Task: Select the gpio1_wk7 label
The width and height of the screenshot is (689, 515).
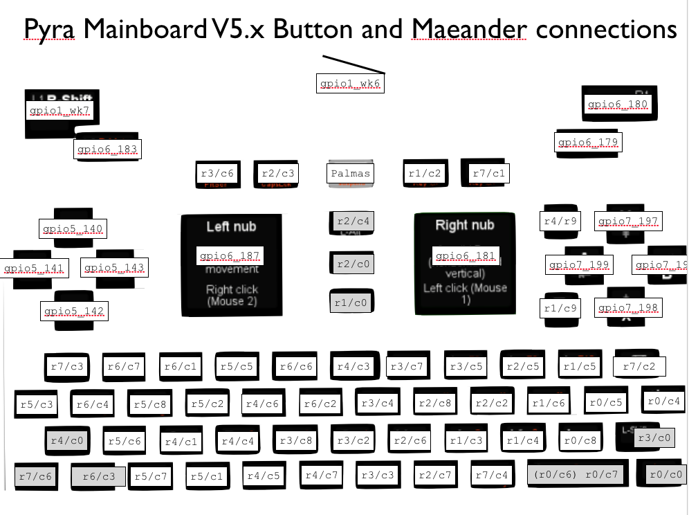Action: [x=59, y=110]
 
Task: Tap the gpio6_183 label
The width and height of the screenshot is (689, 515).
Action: [x=107, y=149]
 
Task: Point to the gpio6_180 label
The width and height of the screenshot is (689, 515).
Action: [x=618, y=105]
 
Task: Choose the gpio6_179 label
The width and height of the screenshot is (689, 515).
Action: [x=588, y=143]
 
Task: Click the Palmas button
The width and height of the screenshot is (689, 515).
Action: [x=351, y=173]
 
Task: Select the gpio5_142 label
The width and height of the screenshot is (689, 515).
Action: [x=73, y=311]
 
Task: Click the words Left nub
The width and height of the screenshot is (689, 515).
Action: [x=231, y=226]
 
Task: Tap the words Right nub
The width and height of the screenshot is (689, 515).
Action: [x=464, y=225]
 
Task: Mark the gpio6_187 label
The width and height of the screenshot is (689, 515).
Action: [x=229, y=256]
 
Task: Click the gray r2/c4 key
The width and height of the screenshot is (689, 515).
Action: [x=353, y=222]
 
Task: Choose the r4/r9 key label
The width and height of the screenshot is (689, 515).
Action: [x=560, y=222]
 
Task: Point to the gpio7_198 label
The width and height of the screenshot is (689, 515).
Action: [x=628, y=307]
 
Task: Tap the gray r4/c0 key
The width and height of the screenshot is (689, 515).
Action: [x=67, y=439]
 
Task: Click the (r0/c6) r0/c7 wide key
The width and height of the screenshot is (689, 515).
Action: [x=577, y=475]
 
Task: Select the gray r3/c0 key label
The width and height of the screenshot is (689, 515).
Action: [x=654, y=437]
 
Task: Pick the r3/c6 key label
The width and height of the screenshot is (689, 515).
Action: [x=217, y=174]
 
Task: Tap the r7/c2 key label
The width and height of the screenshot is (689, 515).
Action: [x=639, y=366]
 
